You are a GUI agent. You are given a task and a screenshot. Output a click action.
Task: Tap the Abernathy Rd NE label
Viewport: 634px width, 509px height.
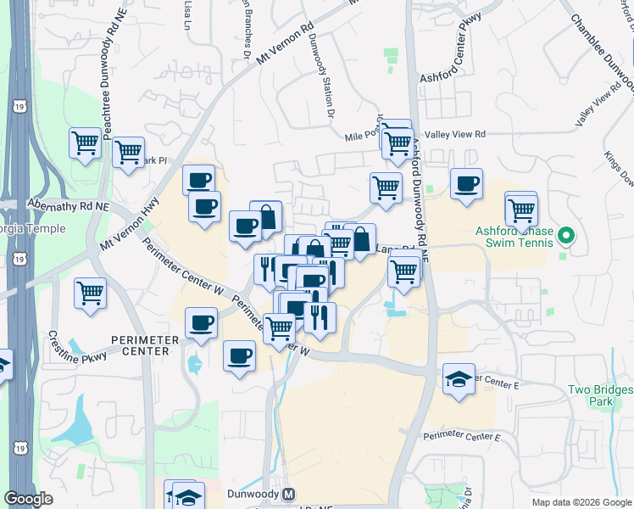point(69,205)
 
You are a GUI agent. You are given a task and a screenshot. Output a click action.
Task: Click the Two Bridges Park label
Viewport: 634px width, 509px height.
point(600,395)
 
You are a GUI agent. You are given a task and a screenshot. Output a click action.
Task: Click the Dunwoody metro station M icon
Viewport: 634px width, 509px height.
point(289,494)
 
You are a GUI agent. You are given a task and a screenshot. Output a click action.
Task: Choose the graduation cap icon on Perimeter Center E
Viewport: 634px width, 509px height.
point(459,378)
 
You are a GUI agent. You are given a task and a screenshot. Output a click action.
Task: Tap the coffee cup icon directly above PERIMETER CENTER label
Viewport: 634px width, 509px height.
point(202,323)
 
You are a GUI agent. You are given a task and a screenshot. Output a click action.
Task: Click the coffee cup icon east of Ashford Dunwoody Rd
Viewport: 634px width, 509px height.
point(465,184)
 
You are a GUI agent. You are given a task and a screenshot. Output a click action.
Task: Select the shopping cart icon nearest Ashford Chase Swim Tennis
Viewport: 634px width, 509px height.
point(521,209)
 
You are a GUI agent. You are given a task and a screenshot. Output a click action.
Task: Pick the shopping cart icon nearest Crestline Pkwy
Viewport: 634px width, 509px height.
point(90,294)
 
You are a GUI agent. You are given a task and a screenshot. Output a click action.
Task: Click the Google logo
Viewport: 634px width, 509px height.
point(28,499)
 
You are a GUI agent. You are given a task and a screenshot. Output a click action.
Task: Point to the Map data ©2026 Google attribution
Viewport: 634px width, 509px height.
point(581,502)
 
